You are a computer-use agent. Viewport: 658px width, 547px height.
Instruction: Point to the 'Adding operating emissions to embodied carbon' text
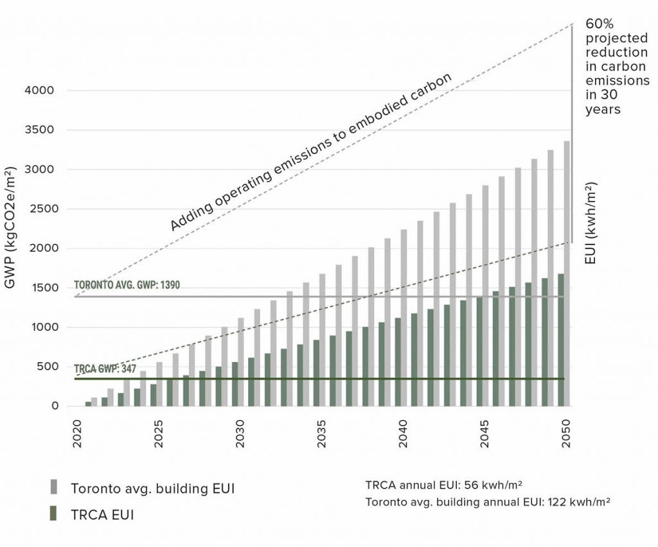[x=311, y=152]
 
